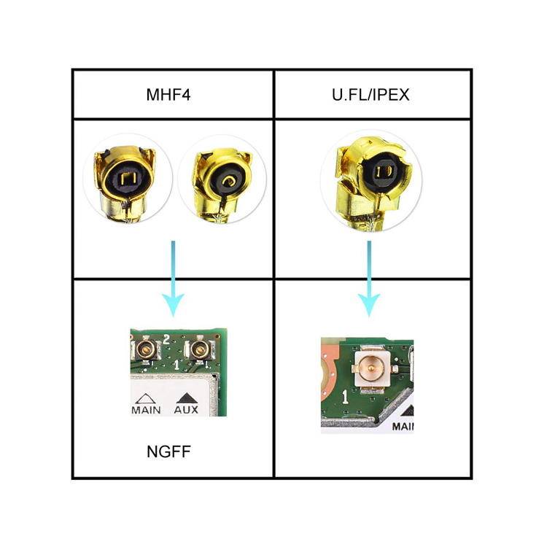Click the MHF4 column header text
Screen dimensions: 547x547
(x=172, y=95)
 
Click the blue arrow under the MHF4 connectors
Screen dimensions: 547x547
(x=173, y=280)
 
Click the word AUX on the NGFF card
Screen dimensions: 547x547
(x=186, y=409)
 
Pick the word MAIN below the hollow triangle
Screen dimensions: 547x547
(x=146, y=409)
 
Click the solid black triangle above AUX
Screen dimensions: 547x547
(x=186, y=397)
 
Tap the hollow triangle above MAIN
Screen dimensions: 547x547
(x=145, y=397)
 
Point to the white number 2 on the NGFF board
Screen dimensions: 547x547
(x=167, y=338)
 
